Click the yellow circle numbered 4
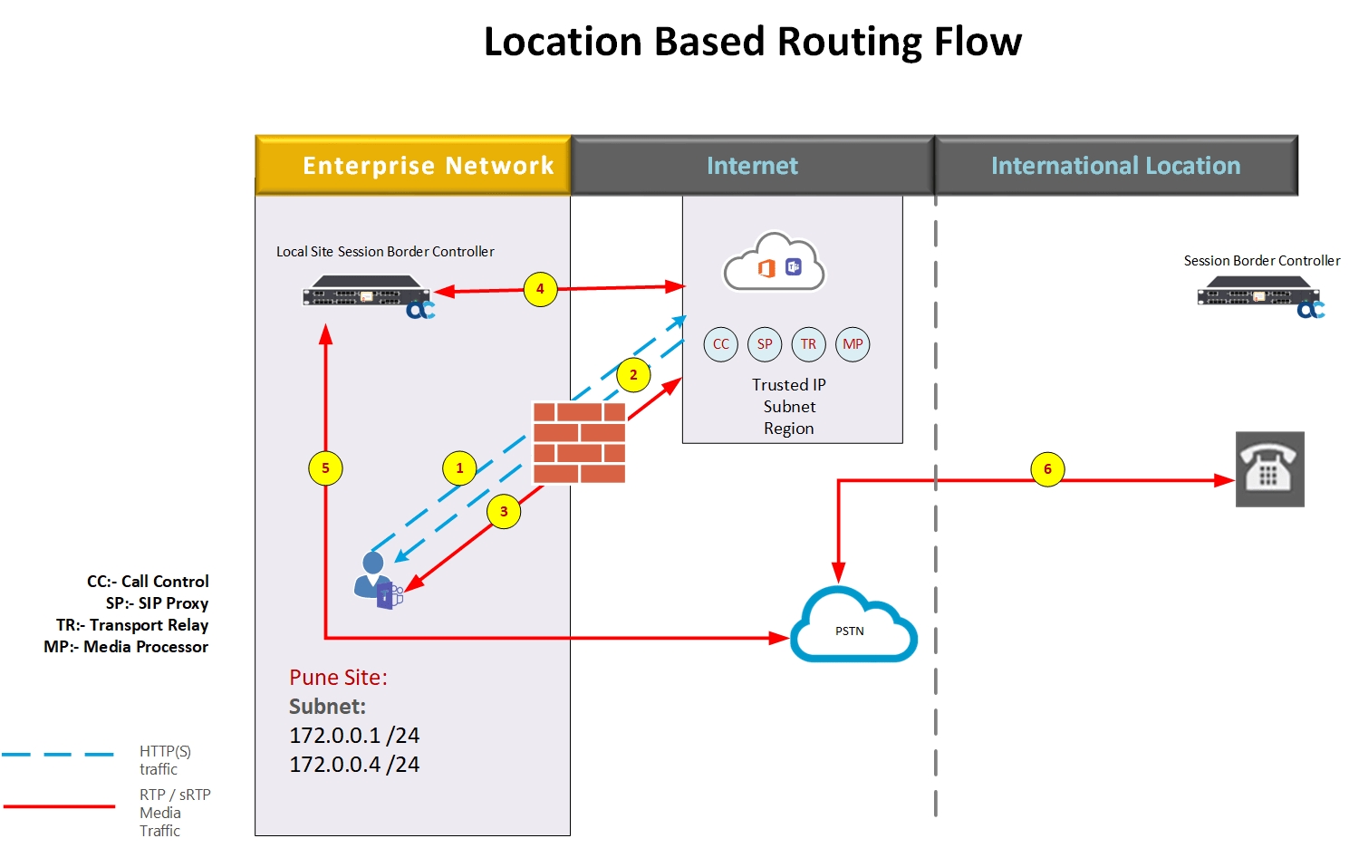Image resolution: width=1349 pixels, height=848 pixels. coord(540,289)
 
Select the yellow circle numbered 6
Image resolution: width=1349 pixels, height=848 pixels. coord(1047,469)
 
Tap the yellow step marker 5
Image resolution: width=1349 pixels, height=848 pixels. coord(325,468)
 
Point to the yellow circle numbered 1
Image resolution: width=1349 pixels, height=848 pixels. coord(459,468)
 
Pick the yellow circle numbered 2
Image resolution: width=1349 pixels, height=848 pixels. coord(633,375)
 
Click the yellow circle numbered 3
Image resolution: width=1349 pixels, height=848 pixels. coord(504,511)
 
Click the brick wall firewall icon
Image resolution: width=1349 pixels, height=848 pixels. coord(579,443)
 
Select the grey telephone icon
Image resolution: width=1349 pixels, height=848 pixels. coord(1269,468)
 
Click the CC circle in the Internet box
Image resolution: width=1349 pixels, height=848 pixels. coord(720,344)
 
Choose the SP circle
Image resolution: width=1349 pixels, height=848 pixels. coord(765,344)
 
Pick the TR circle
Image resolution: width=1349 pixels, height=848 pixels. coord(808,344)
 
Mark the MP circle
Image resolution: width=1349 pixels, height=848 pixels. coord(853,344)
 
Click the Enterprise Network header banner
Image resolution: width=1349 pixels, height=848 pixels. coord(413,166)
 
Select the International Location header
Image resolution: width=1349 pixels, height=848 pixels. coord(1115,166)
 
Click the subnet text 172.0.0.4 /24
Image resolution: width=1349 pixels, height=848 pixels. coord(354,765)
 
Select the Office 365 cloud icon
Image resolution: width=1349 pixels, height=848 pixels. coord(774,265)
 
